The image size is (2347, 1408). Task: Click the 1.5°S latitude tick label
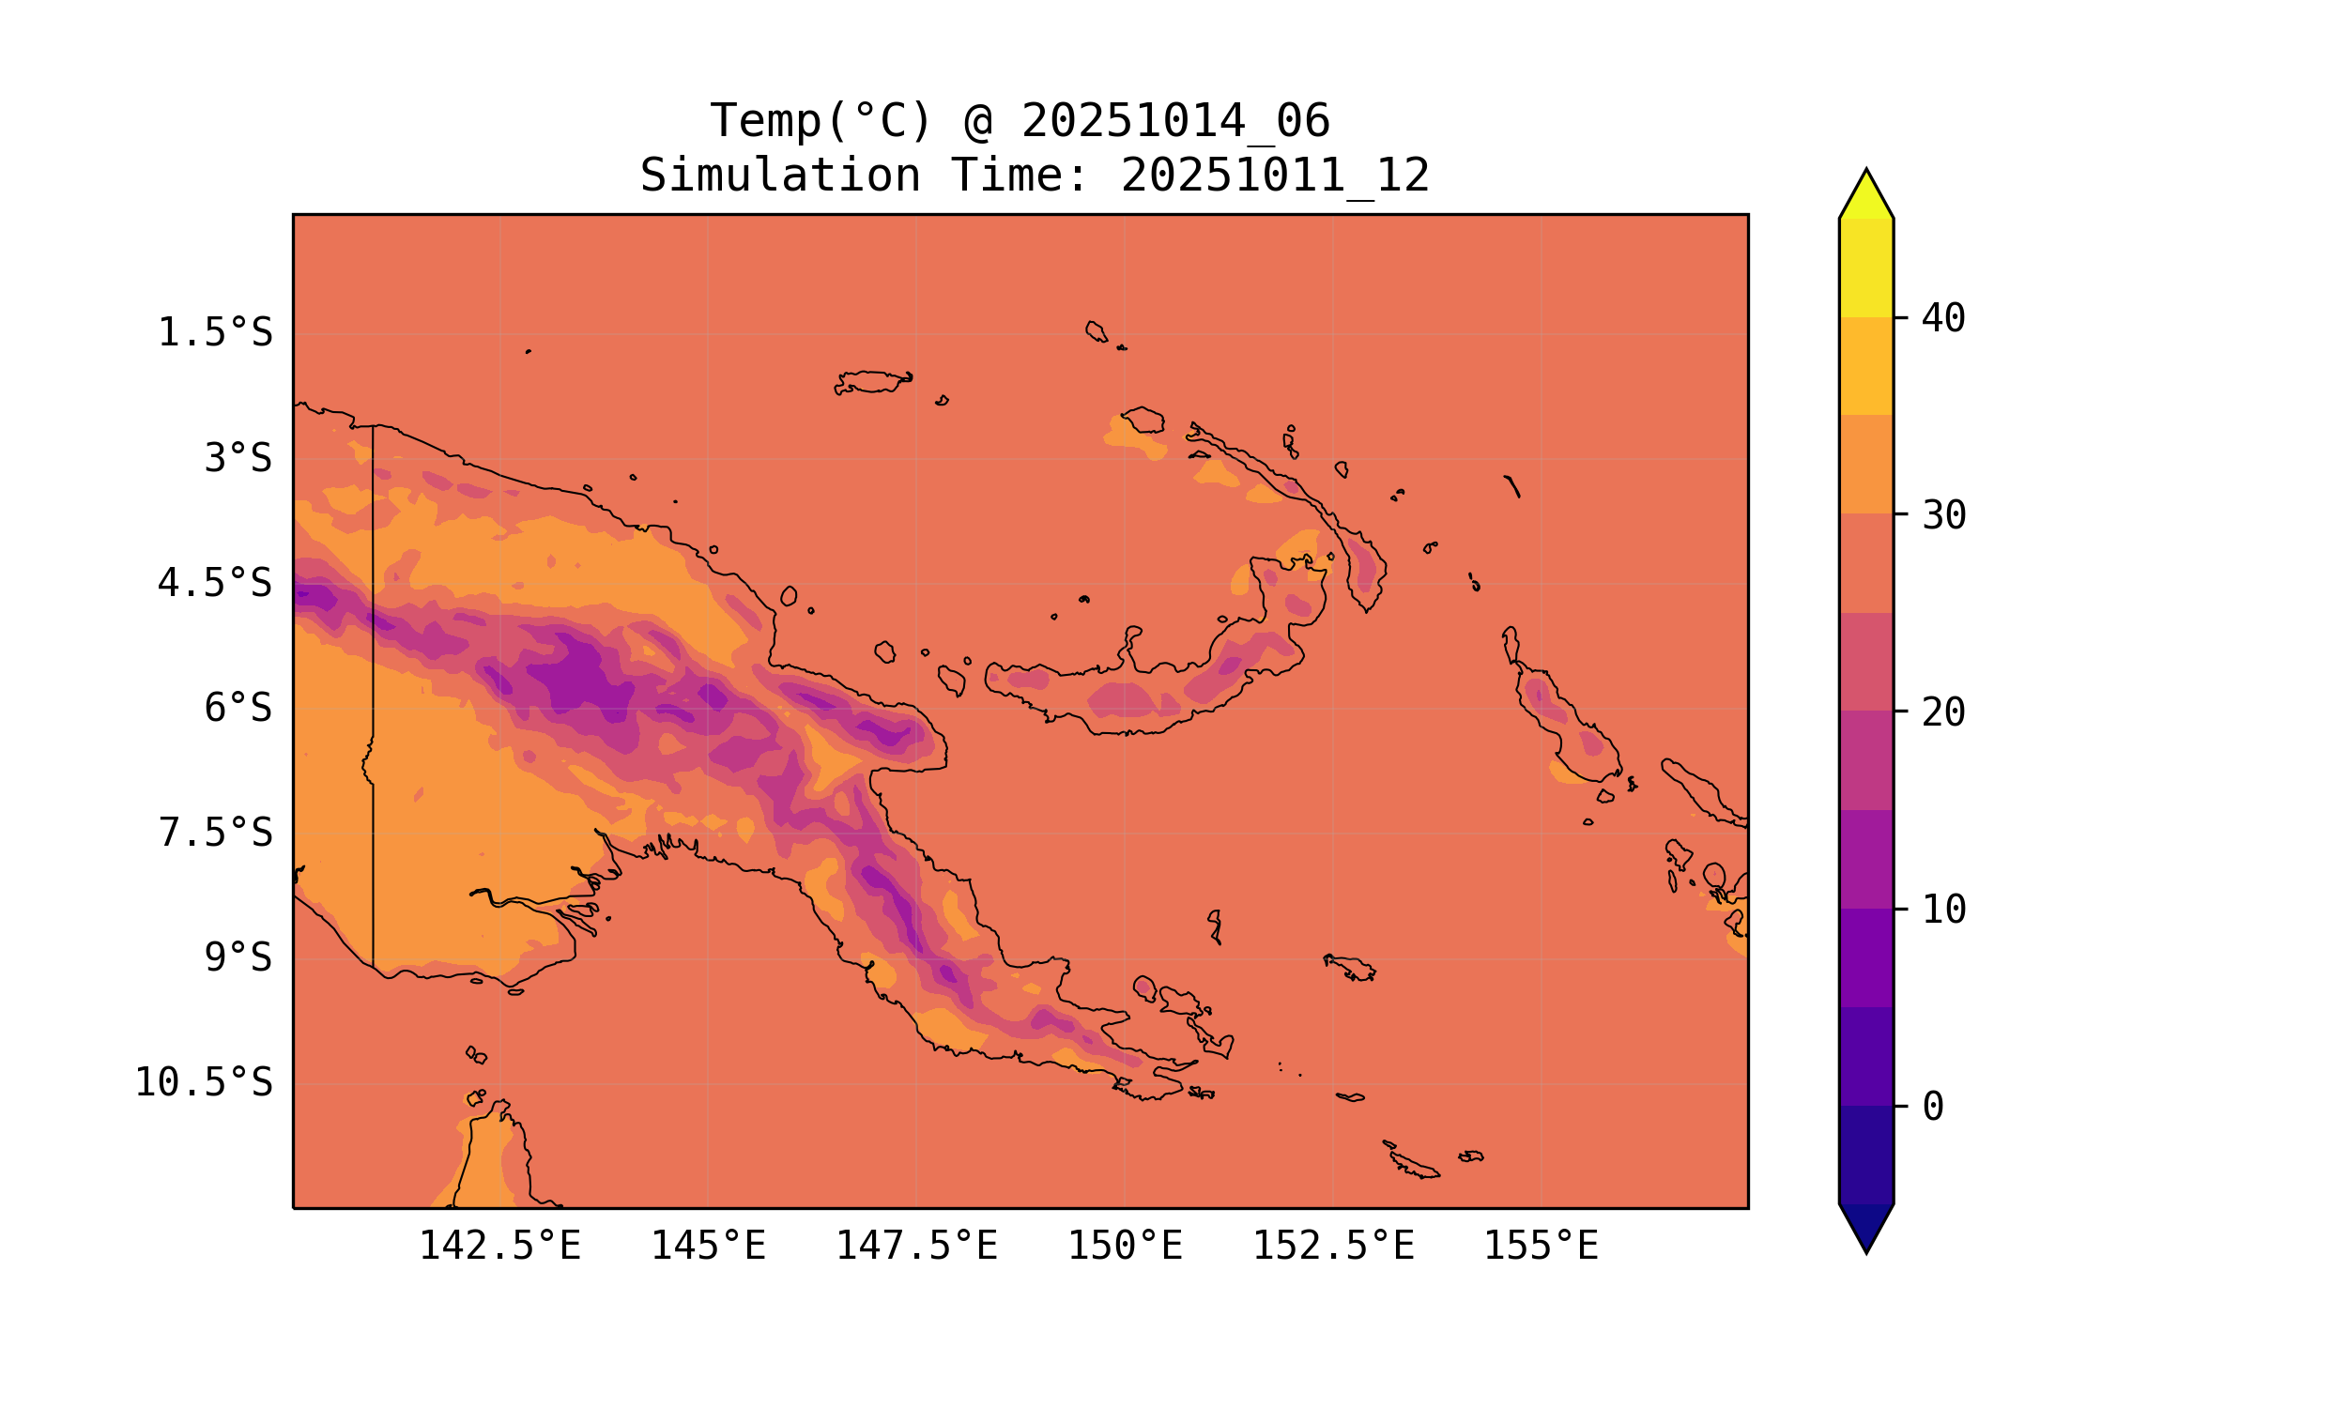click(215, 333)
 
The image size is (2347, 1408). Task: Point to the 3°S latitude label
click(238, 458)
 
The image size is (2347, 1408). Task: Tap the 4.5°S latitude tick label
click(215, 583)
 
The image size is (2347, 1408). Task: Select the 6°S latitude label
click(238, 708)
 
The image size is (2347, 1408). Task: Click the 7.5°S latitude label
click(215, 833)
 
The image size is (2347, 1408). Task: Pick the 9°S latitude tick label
click(238, 958)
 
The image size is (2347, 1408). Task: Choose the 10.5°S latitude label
click(204, 1082)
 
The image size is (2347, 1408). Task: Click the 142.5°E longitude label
click(500, 1246)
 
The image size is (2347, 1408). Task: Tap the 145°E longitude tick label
click(708, 1246)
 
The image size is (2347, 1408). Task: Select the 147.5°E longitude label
click(916, 1246)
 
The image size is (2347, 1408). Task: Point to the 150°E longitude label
click(1125, 1246)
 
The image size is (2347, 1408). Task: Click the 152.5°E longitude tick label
click(1333, 1246)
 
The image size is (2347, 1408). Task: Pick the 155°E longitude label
click(1541, 1246)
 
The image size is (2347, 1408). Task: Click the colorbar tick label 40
click(1943, 319)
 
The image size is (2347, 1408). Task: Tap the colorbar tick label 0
click(1932, 1108)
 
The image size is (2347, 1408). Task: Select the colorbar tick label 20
click(1943, 712)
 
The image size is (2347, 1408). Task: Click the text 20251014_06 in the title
click(1175, 121)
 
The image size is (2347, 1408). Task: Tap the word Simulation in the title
click(780, 176)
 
